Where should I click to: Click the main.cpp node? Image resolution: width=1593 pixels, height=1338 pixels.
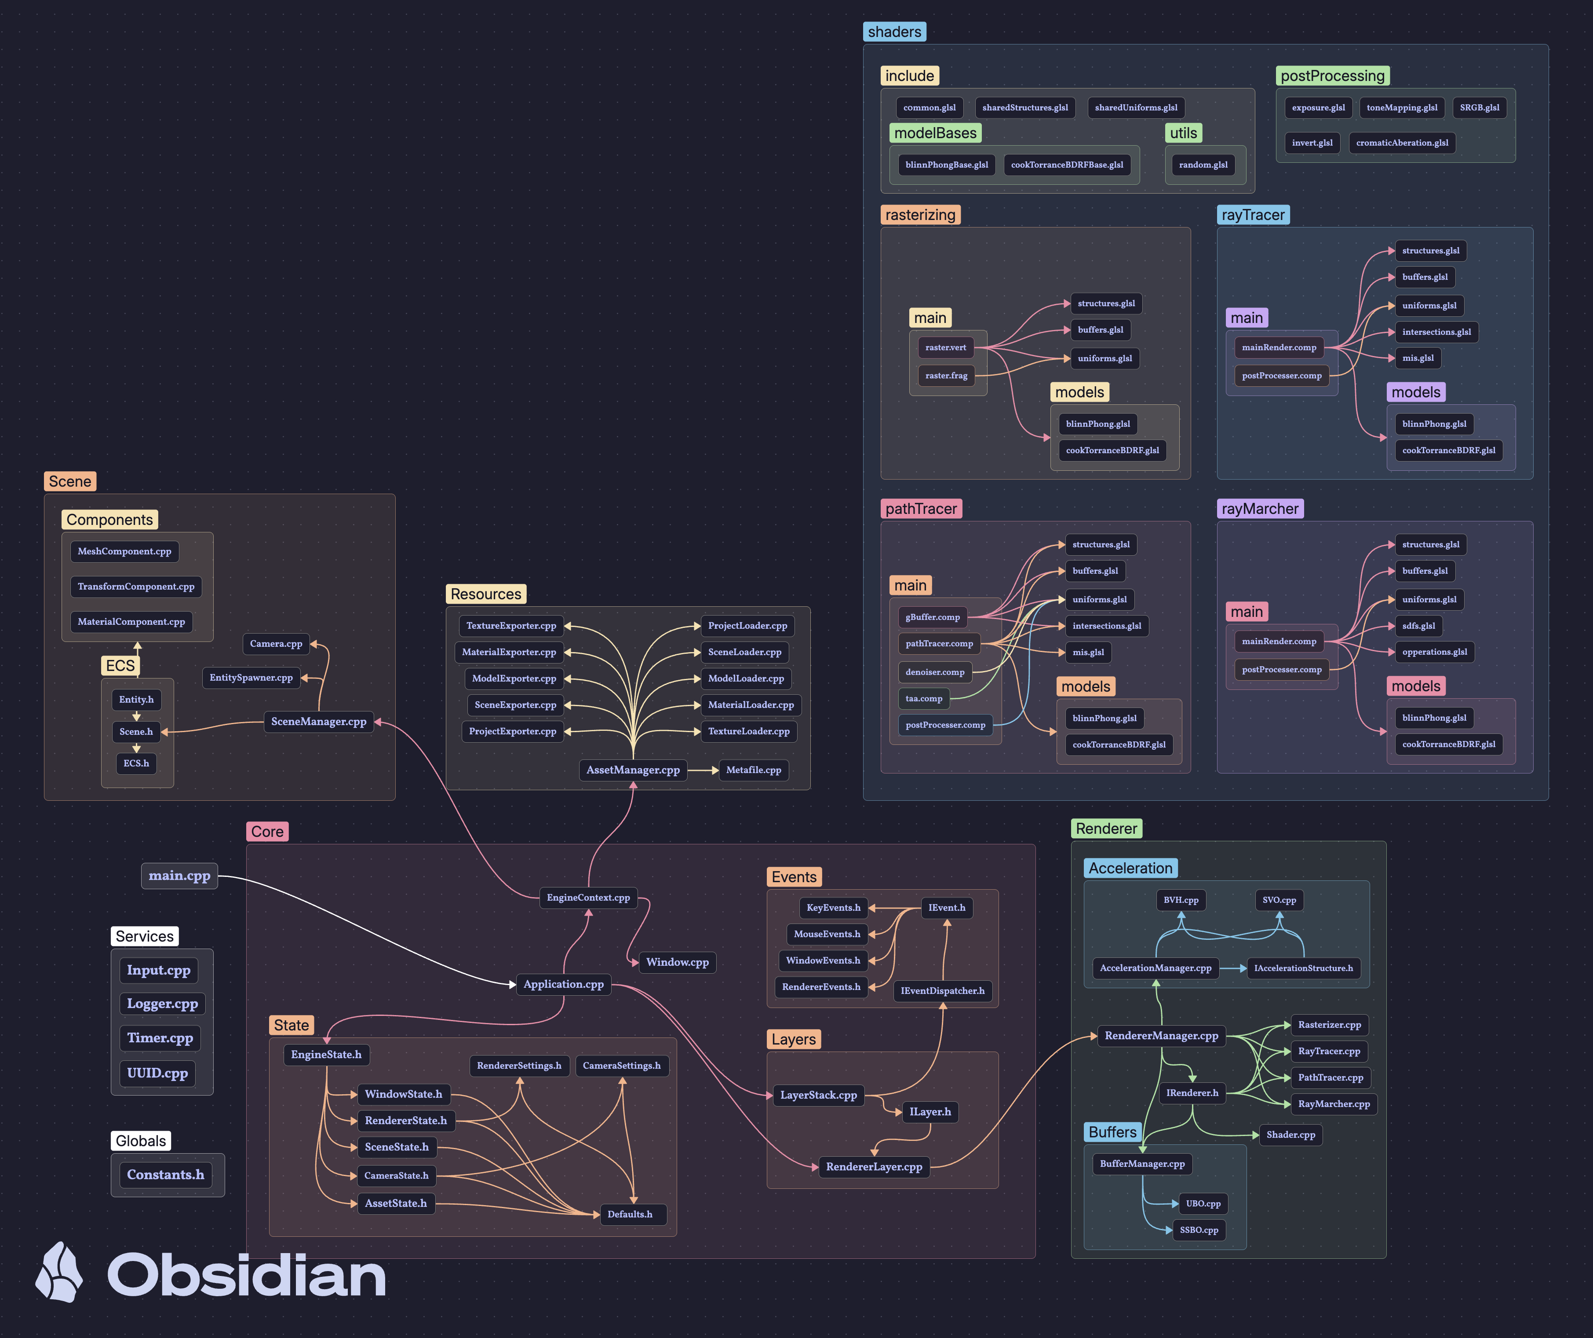[x=179, y=876]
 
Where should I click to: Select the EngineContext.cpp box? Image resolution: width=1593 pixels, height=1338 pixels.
[x=588, y=898]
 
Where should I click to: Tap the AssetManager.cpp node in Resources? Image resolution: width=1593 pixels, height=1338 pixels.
[x=633, y=770]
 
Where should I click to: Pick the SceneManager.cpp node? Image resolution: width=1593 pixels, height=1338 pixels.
[x=319, y=722]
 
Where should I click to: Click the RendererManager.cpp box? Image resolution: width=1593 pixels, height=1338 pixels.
[x=1161, y=1036]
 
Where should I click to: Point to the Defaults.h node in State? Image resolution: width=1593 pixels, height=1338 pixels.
[x=630, y=1214]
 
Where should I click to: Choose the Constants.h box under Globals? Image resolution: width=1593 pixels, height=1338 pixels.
[x=165, y=1175]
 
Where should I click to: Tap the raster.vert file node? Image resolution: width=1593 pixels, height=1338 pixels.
[x=945, y=348]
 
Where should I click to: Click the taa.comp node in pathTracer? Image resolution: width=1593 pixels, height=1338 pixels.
[x=924, y=699]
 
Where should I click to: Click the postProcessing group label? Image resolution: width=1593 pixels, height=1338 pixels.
[x=1333, y=76]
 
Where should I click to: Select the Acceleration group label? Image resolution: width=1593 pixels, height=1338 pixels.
[x=1130, y=868]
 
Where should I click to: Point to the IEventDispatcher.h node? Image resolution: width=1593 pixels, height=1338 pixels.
[x=942, y=991]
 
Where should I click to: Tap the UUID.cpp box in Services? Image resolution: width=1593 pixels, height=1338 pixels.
[x=157, y=1073]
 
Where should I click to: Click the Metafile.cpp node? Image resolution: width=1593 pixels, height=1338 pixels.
[x=753, y=770]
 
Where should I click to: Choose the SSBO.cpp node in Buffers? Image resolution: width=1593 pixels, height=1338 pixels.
[x=1199, y=1230]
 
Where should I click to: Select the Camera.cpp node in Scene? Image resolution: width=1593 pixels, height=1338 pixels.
[x=276, y=644]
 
